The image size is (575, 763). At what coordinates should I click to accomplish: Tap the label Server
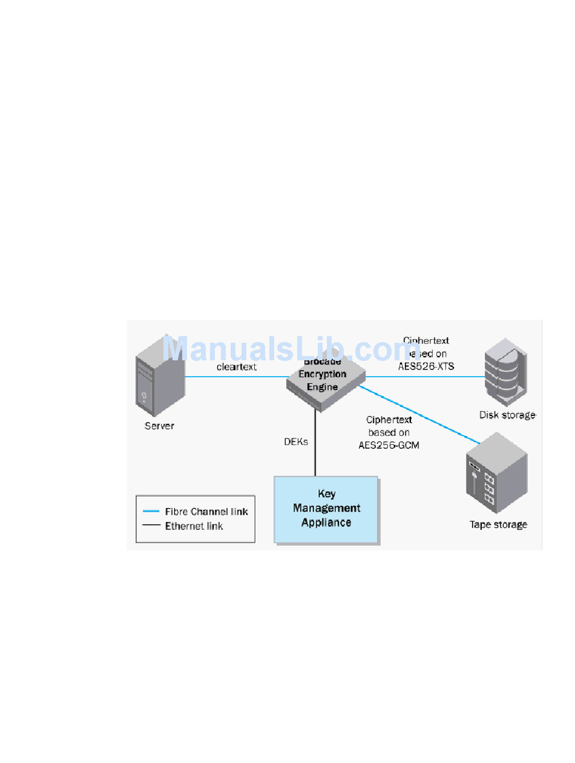pos(159,426)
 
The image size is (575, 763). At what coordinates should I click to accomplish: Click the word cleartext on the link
pos(237,367)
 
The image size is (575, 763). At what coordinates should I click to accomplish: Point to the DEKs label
pos(296,442)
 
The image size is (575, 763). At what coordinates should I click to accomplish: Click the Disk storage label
pos(507,415)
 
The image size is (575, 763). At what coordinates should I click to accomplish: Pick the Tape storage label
pos(498,524)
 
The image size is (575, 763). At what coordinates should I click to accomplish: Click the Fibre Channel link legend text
pos(206,512)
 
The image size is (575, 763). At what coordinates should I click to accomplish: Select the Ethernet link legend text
pos(194,526)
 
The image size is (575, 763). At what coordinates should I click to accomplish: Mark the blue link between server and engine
pos(236,377)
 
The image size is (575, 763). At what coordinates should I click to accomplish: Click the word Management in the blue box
pos(327,508)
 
